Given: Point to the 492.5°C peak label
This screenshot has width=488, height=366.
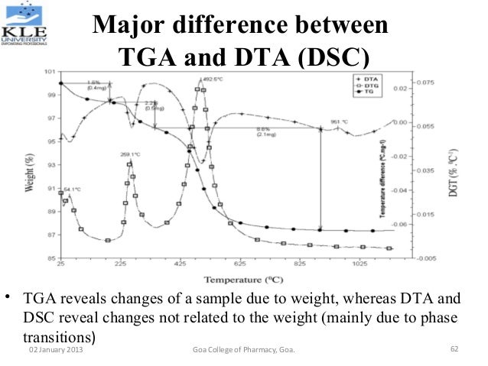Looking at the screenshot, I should point(212,79).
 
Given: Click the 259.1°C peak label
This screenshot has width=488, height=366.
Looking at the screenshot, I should point(131,154).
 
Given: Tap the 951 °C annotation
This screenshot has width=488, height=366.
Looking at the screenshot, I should point(340,121).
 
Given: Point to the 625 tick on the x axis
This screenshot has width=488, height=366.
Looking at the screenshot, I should point(240,264).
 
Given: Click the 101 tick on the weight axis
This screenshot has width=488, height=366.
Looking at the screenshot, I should point(50,71).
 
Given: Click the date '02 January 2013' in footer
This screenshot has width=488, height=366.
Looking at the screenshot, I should point(57,350).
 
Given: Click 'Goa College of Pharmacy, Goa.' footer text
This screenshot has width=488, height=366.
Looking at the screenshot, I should point(245,350).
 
